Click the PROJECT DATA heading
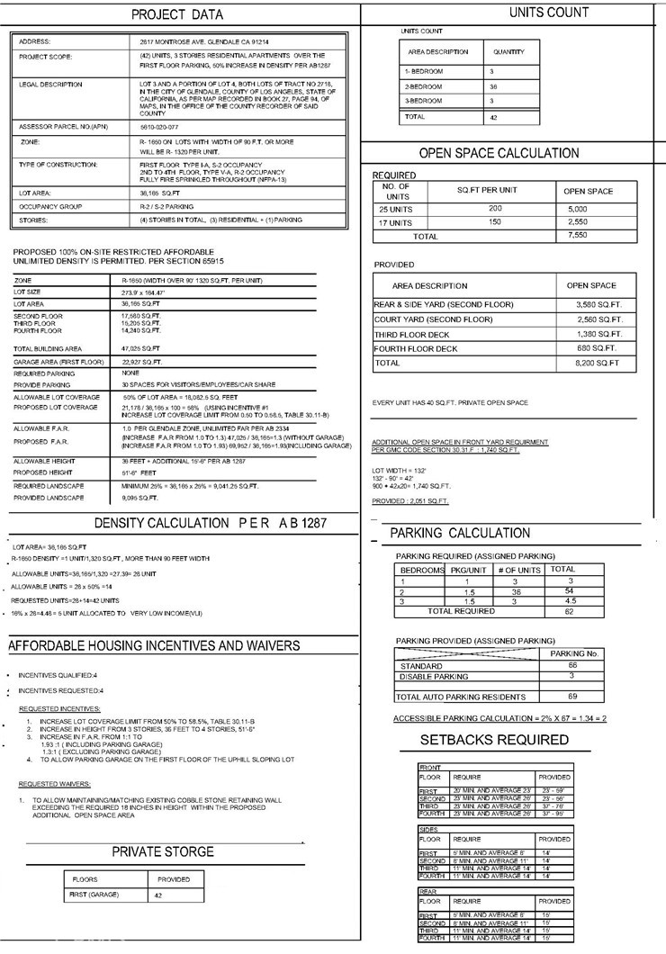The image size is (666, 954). (177, 15)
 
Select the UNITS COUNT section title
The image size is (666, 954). (548, 13)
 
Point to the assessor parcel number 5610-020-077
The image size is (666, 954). (160, 127)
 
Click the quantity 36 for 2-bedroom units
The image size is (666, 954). (492, 85)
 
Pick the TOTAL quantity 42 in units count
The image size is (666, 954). (492, 117)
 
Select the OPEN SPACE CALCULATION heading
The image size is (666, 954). (499, 153)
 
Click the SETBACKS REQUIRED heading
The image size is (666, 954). (494, 740)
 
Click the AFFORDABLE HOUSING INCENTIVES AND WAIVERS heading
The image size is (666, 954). (154, 646)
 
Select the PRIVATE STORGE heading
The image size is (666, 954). (163, 851)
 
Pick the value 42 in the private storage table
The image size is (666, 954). (159, 895)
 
